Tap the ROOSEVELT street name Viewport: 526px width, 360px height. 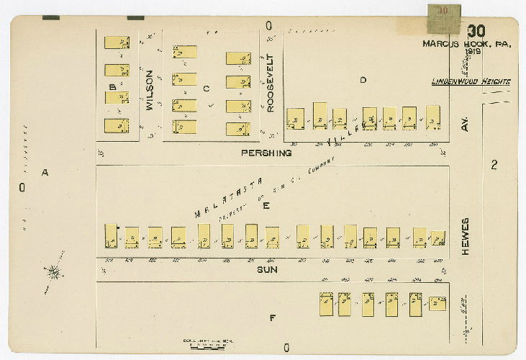[x=271, y=83]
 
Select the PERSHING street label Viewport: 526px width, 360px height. [x=266, y=153]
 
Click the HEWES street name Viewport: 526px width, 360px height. [x=466, y=238]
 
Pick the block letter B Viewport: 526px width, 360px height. [x=112, y=88]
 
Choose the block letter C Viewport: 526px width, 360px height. [x=206, y=89]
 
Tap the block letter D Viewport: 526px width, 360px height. [x=363, y=80]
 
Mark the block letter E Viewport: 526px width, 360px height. [x=266, y=206]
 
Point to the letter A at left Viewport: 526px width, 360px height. [x=45, y=173]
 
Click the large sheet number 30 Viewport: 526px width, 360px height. [x=476, y=31]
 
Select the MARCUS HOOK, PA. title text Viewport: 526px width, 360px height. [x=467, y=43]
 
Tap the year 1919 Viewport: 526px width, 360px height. [x=473, y=52]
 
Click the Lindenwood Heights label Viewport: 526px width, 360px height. [x=471, y=82]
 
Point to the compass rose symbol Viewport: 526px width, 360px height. [x=53, y=271]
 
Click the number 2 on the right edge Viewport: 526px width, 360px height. [x=494, y=165]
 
